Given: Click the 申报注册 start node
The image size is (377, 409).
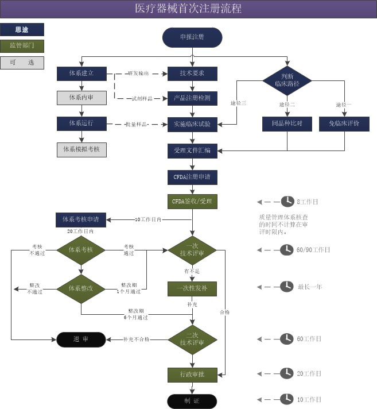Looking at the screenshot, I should pyautogui.click(x=192, y=37).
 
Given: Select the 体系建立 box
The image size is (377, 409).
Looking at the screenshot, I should pyautogui.click(x=81, y=74).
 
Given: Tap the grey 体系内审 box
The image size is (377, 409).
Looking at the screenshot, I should pyautogui.click(x=81, y=98).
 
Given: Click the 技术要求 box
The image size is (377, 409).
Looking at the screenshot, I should pyautogui.click(x=192, y=74).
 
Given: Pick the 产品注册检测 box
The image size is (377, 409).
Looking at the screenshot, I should pyautogui.click(x=192, y=98).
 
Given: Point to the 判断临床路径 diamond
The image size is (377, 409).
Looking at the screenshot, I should pyautogui.click(x=287, y=80).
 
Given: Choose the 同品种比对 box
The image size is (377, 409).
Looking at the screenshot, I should pyautogui.click(x=287, y=124).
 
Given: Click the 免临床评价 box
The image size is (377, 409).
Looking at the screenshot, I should pyautogui.click(x=344, y=124).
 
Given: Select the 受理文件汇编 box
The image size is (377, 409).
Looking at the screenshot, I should pyautogui.click(x=192, y=150).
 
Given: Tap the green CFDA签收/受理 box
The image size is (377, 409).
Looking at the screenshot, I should pyautogui.click(x=192, y=202).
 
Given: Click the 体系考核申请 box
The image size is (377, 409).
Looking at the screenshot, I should pyautogui.click(x=81, y=219).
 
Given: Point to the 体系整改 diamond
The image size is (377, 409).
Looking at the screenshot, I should pyautogui.click(x=81, y=287).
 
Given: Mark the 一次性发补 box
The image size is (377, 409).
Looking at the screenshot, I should pyautogui.click(x=192, y=288).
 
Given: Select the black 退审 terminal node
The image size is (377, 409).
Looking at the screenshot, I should pyautogui.click(x=81, y=339).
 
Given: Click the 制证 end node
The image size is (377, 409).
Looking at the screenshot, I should pyautogui.click(x=192, y=400).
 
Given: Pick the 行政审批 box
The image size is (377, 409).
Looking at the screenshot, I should pyautogui.click(x=192, y=375).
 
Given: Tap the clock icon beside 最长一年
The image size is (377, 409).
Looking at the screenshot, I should pyautogui.click(x=286, y=286).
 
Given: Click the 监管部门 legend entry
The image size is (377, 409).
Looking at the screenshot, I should pyautogui.click(x=22, y=45).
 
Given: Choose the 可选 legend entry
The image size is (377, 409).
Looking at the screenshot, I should pyautogui.click(x=22, y=62).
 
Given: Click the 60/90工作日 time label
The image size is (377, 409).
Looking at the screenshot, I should pyautogui.click(x=314, y=250).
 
